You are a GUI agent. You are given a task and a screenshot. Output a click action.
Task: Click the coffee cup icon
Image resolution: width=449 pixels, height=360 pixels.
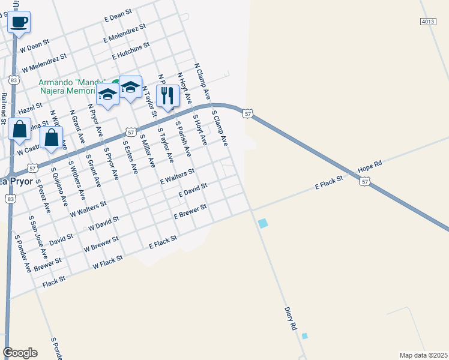(19, 22)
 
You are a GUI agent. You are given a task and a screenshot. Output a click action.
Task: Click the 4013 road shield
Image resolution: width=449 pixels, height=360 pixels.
(427, 21)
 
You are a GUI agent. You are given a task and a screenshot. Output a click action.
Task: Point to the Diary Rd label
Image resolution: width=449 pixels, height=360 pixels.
(291, 319)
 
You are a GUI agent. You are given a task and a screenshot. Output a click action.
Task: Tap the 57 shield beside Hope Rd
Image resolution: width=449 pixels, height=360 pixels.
(365, 181)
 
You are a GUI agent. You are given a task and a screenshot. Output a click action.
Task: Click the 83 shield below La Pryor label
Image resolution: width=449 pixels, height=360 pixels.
(10, 198)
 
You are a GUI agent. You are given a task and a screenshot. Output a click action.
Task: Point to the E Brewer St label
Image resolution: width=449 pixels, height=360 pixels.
(190, 211)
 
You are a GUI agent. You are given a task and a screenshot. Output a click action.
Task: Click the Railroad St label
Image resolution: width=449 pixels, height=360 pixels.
(4, 108)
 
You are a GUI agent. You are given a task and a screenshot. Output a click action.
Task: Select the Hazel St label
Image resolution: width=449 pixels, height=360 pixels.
(30, 109)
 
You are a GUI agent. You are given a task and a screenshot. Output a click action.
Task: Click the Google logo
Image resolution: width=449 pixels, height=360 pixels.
(20, 353)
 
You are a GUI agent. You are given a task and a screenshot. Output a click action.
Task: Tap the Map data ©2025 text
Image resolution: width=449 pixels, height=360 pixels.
(423, 355)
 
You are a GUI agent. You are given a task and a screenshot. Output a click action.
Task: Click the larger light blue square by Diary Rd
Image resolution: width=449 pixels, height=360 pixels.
(263, 223)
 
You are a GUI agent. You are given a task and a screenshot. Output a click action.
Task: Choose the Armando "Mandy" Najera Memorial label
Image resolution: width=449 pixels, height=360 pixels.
(72, 87)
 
